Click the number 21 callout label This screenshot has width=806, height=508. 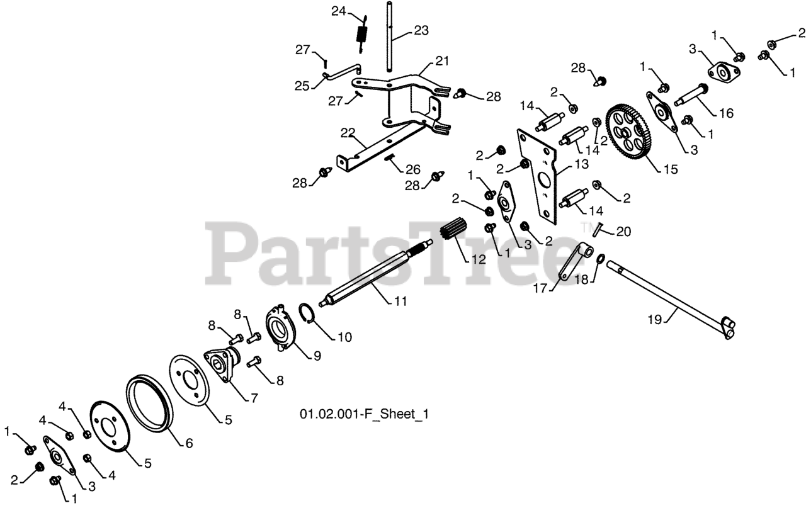pyautogui.click(x=442, y=62)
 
